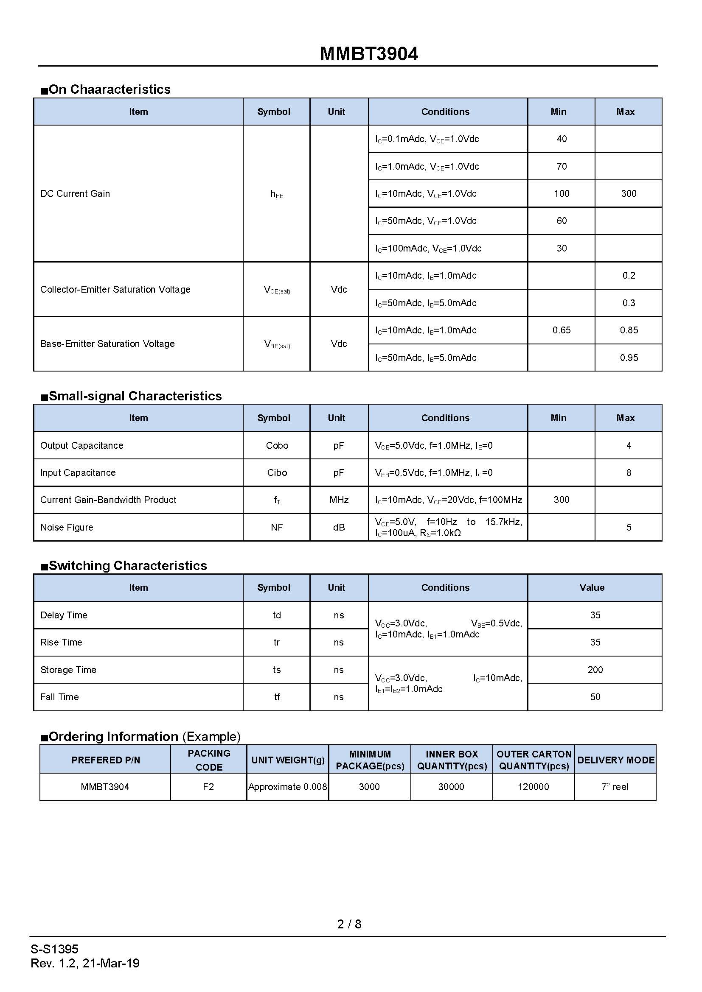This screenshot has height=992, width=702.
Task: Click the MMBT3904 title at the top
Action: (x=369, y=54)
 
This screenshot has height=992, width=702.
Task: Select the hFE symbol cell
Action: (x=277, y=194)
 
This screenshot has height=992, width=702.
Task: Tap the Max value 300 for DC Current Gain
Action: (x=629, y=193)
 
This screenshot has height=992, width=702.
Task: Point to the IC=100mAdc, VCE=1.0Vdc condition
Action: (x=428, y=249)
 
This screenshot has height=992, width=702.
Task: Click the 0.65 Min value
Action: (x=561, y=330)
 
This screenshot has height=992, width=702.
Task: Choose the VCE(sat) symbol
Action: (x=277, y=290)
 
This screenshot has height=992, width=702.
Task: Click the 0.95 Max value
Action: (x=629, y=358)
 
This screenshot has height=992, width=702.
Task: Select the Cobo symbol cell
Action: (x=277, y=445)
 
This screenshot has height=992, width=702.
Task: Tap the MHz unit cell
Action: (x=339, y=500)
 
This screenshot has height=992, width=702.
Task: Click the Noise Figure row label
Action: (x=67, y=527)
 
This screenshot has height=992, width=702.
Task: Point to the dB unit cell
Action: (x=339, y=527)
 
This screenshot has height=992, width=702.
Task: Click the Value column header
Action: (x=592, y=587)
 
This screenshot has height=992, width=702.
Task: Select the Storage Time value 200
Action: (x=595, y=670)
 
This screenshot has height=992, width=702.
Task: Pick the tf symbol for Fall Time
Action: (x=277, y=697)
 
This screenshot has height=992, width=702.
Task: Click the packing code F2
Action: (x=208, y=787)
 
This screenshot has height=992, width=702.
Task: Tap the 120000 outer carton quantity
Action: (x=534, y=787)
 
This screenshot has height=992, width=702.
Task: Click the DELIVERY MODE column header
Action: (x=615, y=760)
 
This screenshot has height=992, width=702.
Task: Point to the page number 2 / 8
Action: (x=349, y=924)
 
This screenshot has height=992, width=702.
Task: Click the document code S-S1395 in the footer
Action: (x=54, y=949)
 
